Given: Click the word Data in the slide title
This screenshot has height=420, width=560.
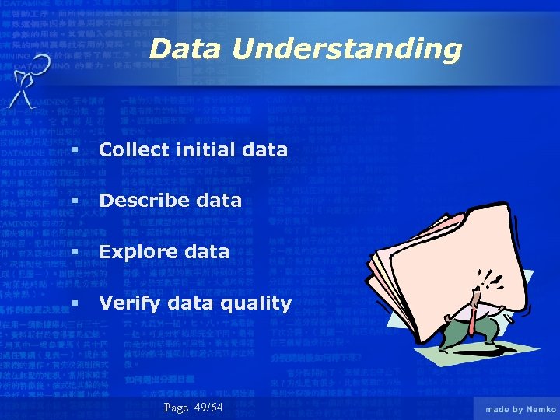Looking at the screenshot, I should click(185, 49).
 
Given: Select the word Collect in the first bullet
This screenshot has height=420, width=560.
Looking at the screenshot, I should click(132, 149).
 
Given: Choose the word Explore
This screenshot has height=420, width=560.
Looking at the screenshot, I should click(138, 252).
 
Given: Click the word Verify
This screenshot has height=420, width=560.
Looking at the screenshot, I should click(129, 303).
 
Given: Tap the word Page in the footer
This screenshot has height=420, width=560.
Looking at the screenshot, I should click(177, 408).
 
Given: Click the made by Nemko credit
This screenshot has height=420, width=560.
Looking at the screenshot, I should click(516, 409).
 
